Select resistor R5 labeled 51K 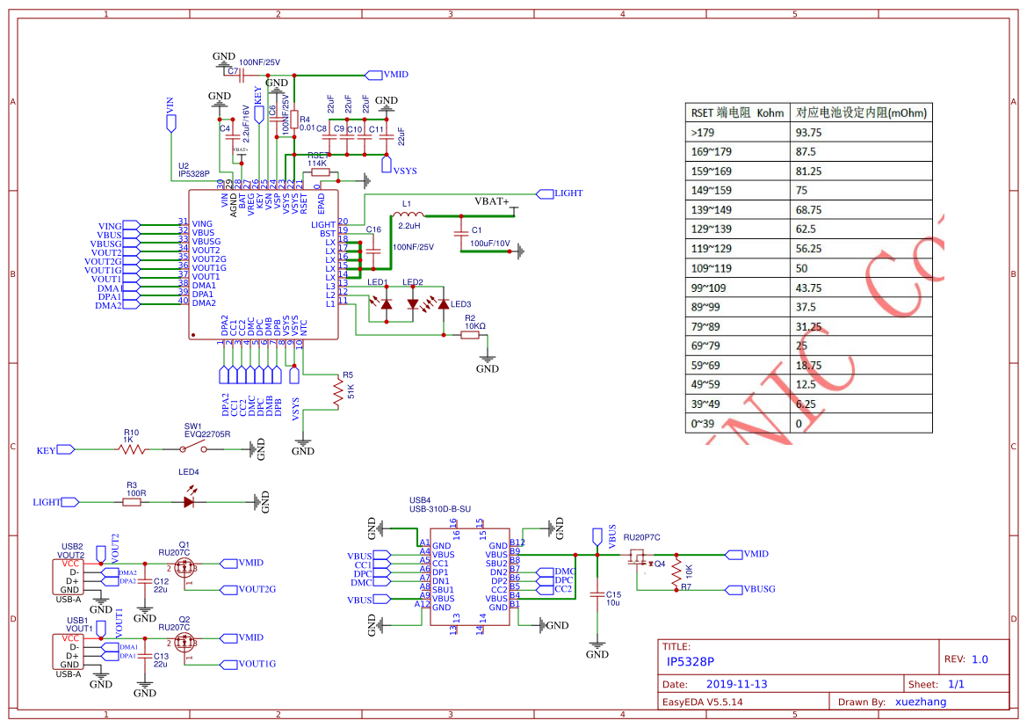[336, 392]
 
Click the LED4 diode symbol [188, 502]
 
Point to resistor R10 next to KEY [132, 449]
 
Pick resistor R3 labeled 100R [134, 502]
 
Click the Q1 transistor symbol [184, 567]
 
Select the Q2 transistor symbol [184, 643]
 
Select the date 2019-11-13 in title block [737, 684]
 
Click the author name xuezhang [920, 702]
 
